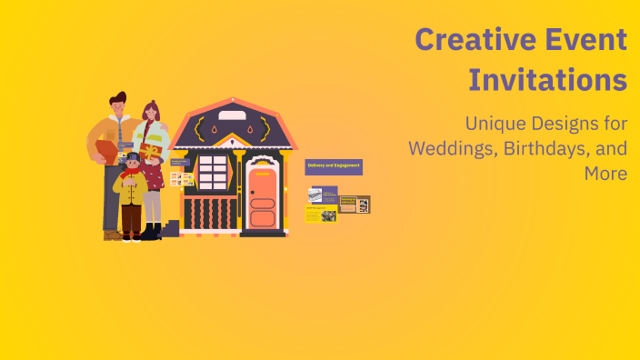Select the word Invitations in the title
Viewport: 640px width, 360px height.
click(547, 80)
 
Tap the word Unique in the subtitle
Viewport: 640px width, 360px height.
click(495, 123)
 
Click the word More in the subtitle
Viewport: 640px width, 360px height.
click(606, 173)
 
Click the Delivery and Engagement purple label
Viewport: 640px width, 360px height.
click(334, 165)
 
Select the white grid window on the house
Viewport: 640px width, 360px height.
click(213, 170)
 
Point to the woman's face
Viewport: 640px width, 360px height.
click(150, 115)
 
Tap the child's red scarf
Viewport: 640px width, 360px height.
click(133, 172)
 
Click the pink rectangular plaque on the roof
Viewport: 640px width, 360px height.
click(232, 115)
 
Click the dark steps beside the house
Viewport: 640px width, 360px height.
click(171, 228)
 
